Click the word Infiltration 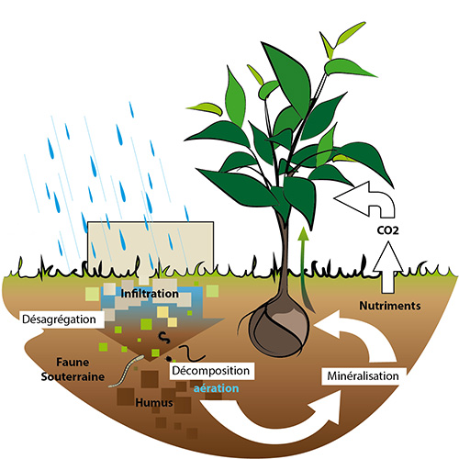click(x=150, y=294)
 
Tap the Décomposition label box click(x=212, y=371)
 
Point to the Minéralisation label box click(x=364, y=375)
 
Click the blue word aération click(x=216, y=388)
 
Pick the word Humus click(x=154, y=402)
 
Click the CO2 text click(x=387, y=230)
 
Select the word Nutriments click(x=390, y=306)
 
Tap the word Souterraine click(x=73, y=376)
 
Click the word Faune click(x=73, y=363)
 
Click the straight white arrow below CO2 click(x=387, y=267)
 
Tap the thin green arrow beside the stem click(x=304, y=269)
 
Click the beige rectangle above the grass click(x=151, y=245)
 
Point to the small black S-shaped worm click(x=164, y=338)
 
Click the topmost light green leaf click(x=351, y=34)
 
